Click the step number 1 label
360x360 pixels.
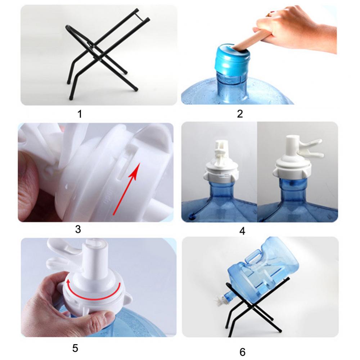(x=80, y=114)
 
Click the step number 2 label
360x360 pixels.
(x=240, y=114)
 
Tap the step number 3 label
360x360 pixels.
(x=78, y=229)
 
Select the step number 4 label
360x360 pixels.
(x=242, y=231)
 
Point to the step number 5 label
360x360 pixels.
(x=75, y=348)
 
